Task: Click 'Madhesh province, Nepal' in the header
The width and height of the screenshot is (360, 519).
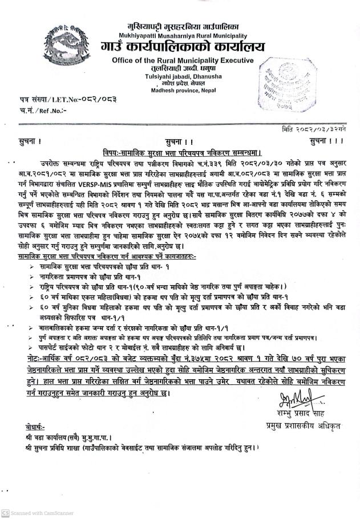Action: tap(175, 90)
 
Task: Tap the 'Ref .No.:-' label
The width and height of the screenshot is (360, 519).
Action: tap(51, 111)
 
